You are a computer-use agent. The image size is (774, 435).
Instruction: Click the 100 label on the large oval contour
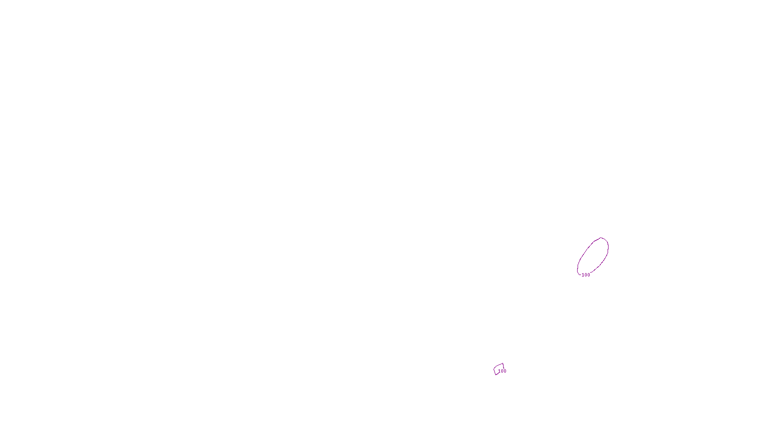[586, 275]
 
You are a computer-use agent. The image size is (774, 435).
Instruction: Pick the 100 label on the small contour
[502, 371]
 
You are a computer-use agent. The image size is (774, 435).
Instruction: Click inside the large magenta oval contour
[593, 255]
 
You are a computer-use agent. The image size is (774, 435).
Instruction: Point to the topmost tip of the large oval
[601, 238]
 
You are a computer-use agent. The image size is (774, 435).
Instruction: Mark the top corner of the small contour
[503, 363]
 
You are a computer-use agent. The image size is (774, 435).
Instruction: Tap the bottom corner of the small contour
[496, 375]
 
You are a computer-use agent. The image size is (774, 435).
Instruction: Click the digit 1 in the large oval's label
[583, 275]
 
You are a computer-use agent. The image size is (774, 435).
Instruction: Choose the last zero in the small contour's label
[505, 371]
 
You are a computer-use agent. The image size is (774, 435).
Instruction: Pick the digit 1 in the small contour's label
[499, 371]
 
